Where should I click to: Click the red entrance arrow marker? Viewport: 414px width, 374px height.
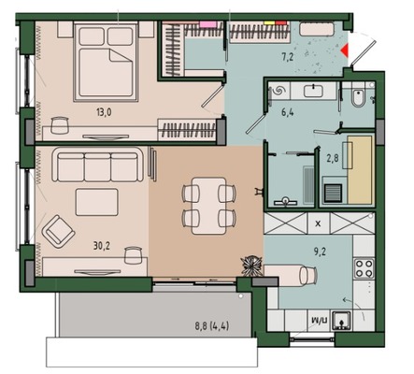click(x=348, y=47)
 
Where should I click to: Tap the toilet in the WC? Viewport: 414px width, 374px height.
click(x=359, y=96)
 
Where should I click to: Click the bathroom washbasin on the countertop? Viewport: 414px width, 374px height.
click(x=313, y=91)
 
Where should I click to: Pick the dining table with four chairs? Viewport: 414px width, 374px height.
click(x=202, y=206)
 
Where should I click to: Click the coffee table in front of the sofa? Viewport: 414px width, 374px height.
click(x=96, y=202)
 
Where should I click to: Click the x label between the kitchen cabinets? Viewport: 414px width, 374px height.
click(x=319, y=224)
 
